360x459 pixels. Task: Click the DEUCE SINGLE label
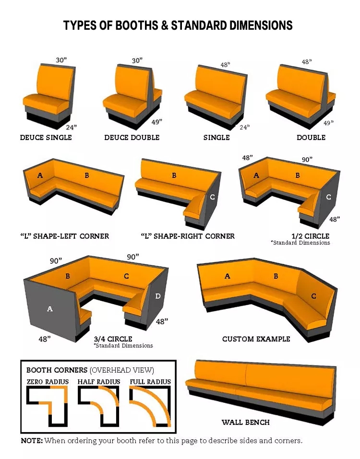[46, 137]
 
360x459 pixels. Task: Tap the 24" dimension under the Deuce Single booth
[71, 127]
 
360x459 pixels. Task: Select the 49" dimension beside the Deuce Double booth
[156, 122]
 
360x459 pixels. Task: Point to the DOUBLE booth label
[311, 137]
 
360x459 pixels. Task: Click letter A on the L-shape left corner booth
[40, 176]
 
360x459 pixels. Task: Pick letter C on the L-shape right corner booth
[212, 197]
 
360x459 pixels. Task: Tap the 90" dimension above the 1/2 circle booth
[307, 160]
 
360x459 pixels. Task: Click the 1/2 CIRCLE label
[311, 236]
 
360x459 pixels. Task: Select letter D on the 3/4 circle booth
[158, 296]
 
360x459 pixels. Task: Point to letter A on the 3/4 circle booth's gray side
[50, 308]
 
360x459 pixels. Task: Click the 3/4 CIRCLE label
[113, 339]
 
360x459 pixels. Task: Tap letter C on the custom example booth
[313, 296]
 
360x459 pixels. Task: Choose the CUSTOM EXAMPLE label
[256, 339]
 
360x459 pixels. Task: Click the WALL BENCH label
[245, 422]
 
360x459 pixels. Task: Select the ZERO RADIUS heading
[48, 382]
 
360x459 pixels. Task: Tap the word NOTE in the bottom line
[32, 441]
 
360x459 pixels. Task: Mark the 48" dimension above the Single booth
[225, 64]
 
